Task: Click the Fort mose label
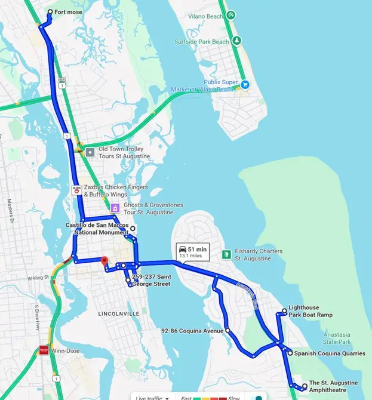coord(69,12)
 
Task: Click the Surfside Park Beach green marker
coord(237,41)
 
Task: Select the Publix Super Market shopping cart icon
coord(244,85)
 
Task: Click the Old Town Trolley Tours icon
coord(90,152)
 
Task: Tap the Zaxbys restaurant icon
coord(76,190)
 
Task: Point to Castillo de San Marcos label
coord(97,228)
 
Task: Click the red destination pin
coord(104,261)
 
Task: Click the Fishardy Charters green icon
coord(226,254)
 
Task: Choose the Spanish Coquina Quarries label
coord(329,353)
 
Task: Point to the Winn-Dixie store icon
coord(43,351)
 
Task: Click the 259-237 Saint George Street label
coord(152,281)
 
